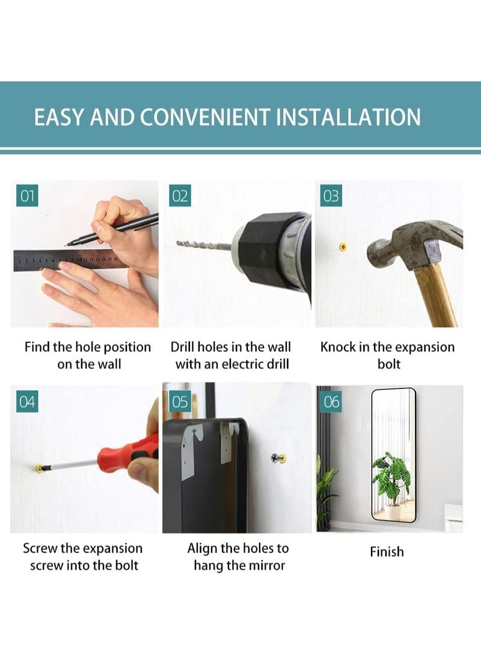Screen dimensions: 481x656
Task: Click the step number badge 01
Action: [28, 195]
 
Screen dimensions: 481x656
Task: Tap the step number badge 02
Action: [180, 195]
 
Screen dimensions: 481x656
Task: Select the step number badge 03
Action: [331, 195]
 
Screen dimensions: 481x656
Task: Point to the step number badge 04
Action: [28, 402]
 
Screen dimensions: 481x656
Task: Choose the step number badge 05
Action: [180, 402]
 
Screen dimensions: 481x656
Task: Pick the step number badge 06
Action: [331, 402]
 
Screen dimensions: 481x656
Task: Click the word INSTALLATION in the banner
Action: [348, 117]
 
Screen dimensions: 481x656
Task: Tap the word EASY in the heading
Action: [60, 117]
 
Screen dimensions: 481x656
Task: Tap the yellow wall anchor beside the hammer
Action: [343, 247]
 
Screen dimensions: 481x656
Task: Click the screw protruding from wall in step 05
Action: [278, 459]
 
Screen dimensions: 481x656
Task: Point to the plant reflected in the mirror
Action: [392, 479]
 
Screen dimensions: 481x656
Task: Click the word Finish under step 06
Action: [387, 552]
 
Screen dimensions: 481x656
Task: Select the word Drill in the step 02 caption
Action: [182, 348]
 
